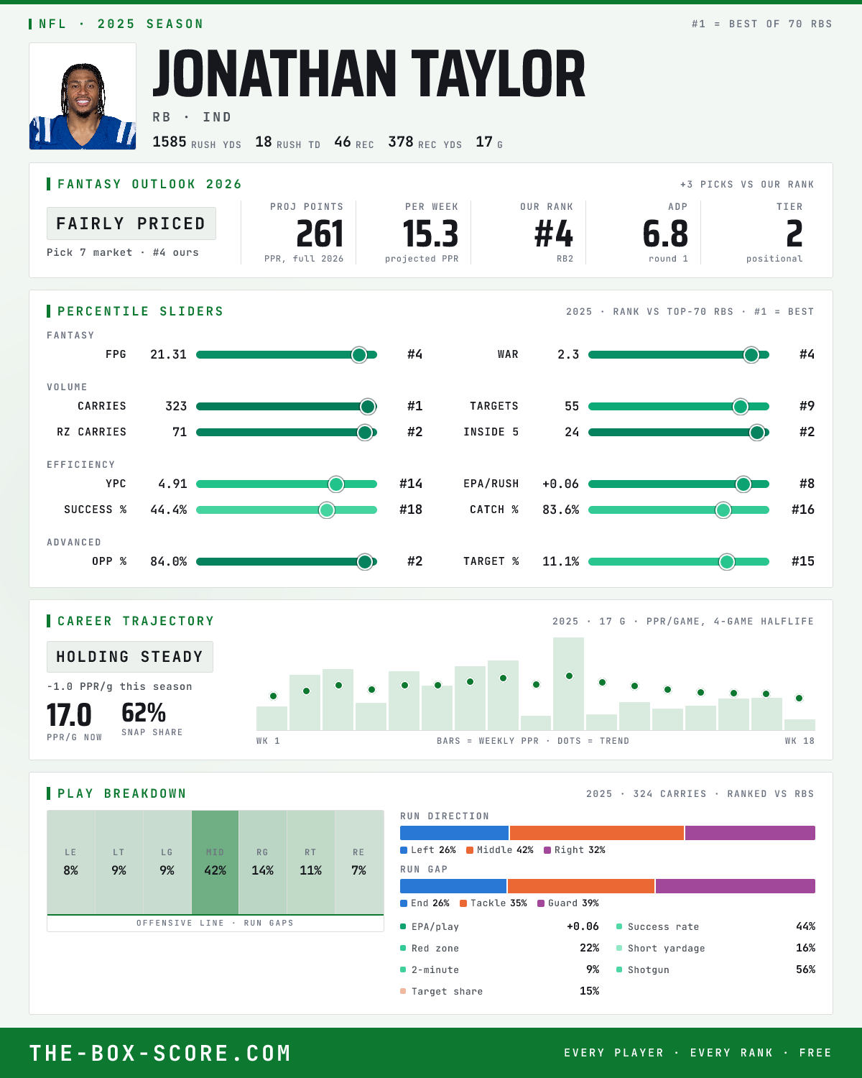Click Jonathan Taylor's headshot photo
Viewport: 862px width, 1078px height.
(x=83, y=96)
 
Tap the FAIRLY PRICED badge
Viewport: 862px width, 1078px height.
(x=131, y=224)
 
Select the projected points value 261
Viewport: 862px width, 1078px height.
(x=320, y=234)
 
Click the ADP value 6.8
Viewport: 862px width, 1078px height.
(x=665, y=234)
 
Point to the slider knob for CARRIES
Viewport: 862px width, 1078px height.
(x=368, y=406)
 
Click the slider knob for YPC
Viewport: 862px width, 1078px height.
(x=336, y=484)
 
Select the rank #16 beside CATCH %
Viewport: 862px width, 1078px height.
(x=802, y=510)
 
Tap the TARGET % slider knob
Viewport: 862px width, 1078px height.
(x=726, y=561)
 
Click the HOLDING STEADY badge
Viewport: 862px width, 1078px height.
(x=130, y=657)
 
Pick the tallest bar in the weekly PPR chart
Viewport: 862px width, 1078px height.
(x=568, y=683)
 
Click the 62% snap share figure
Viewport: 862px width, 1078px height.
(x=144, y=712)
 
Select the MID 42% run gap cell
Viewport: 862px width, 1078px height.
(x=215, y=862)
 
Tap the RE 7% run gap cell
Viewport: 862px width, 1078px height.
(x=358, y=862)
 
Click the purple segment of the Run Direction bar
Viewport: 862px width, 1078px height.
(x=750, y=832)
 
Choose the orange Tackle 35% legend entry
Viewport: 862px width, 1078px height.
(x=493, y=903)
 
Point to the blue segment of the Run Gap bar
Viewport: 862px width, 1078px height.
(x=453, y=885)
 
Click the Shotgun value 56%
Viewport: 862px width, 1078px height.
(x=805, y=969)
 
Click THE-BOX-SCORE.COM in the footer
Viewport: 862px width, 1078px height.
(x=160, y=1053)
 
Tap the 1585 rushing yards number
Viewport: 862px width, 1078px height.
(x=170, y=142)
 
